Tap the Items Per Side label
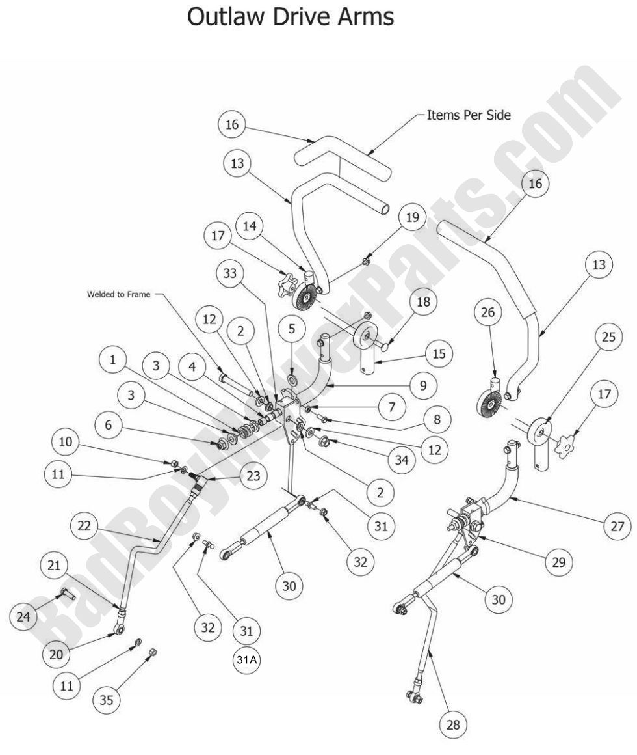point(468,115)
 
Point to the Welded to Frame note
point(118,294)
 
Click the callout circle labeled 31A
point(246,659)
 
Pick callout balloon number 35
point(107,700)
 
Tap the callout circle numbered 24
point(24,616)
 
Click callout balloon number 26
point(489,313)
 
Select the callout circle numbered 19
point(413,217)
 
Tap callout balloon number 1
point(114,359)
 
